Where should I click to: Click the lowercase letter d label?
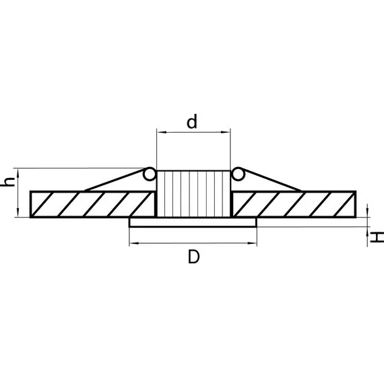click(192, 121)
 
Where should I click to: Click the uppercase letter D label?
click(194, 257)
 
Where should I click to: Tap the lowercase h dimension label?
click(8, 182)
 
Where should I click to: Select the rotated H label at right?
click(377, 238)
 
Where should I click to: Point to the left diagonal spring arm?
click(114, 180)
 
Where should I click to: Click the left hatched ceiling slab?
click(93, 204)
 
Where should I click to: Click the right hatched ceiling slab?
click(294, 204)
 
